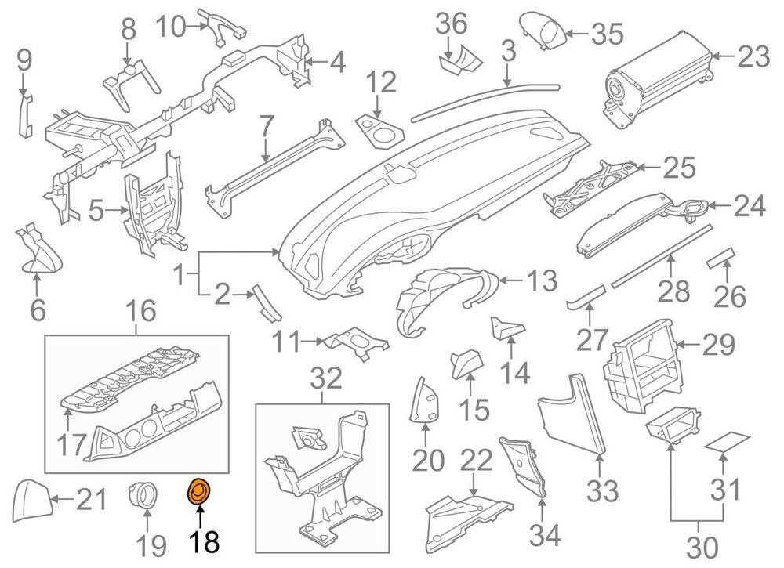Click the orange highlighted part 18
tap(198, 492)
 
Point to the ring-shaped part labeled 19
tap(141, 495)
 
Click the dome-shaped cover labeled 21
tap(32, 500)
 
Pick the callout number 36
tap(452, 24)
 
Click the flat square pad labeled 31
tap(727, 443)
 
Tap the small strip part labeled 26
tap(720, 257)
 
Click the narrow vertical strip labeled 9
tap(25, 115)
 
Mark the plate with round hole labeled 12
tap(379, 130)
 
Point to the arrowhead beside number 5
tap(125, 210)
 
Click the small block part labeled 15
tap(466, 364)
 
